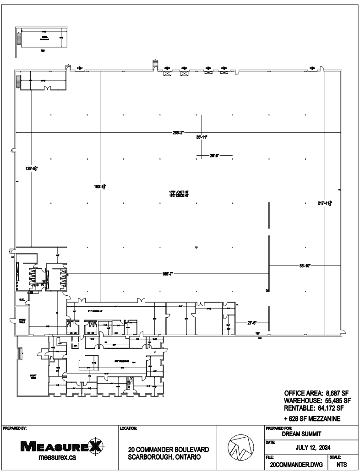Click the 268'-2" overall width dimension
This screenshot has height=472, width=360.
(179, 133)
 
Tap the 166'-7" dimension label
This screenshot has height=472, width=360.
(168, 274)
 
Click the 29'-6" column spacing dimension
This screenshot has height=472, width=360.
(214, 156)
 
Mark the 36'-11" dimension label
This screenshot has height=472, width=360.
(202, 137)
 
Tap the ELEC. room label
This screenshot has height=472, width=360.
(21, 299)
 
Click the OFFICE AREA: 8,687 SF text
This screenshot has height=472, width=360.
(317, 393)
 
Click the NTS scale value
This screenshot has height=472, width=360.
(341, 464)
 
